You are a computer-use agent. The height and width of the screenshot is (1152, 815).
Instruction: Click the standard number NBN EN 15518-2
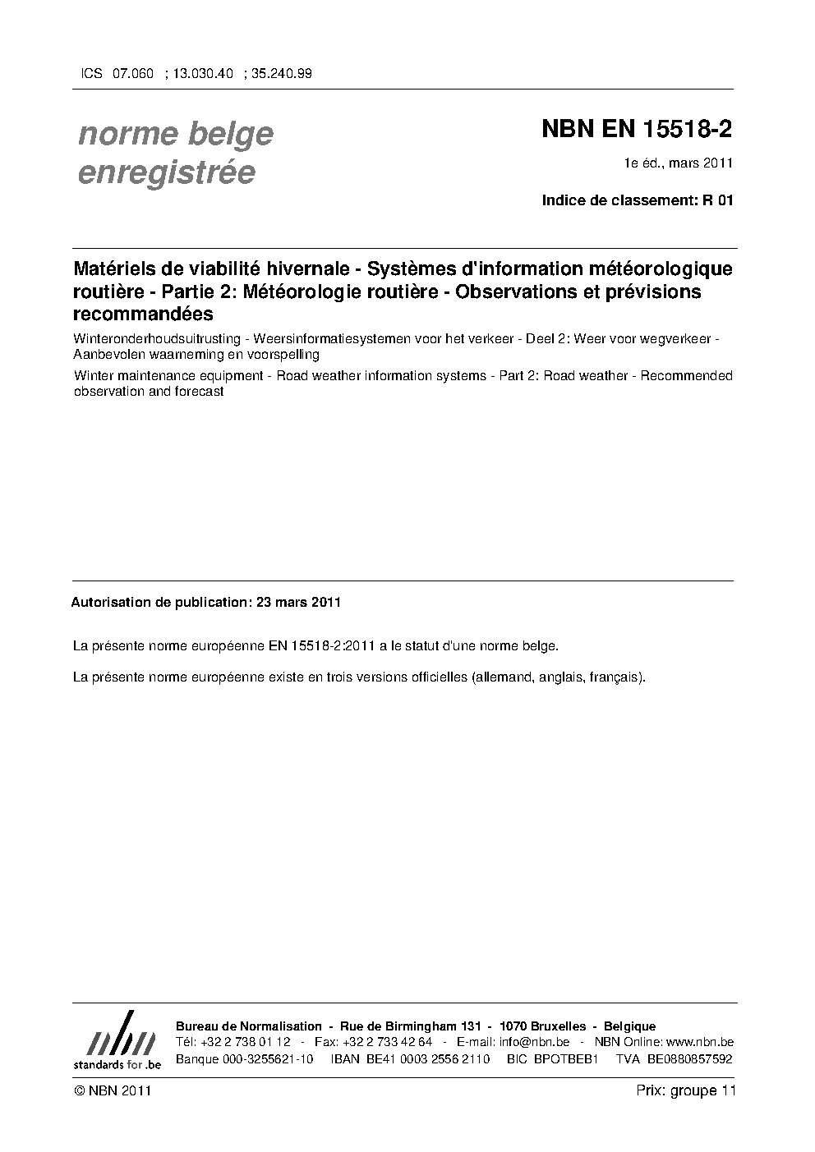(x=637, y=130)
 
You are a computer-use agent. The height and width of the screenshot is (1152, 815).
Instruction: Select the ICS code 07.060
(x=132, y=73)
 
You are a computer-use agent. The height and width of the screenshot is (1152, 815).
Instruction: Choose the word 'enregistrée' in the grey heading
(x=167, y=172)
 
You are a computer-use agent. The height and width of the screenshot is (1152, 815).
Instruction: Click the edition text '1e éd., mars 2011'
(x=678, y=163)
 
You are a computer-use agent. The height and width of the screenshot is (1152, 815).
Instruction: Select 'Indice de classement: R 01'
(x=637, y=200)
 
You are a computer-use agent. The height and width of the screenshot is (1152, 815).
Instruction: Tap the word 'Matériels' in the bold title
(x=112, y=269)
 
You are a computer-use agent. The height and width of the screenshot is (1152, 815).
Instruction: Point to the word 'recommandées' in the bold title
(x=143, y=314)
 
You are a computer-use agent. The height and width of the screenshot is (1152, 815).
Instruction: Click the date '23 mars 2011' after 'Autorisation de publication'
(x=298, y=602)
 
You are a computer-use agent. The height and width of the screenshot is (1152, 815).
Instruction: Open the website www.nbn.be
(x=693, y=1042)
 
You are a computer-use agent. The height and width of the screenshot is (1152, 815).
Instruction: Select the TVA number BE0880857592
(x=689, y=1058)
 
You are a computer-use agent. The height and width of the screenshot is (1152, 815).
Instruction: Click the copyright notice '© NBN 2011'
(x=112, y=1090)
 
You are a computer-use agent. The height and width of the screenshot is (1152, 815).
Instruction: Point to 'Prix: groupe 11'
(x=686, y=1090)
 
